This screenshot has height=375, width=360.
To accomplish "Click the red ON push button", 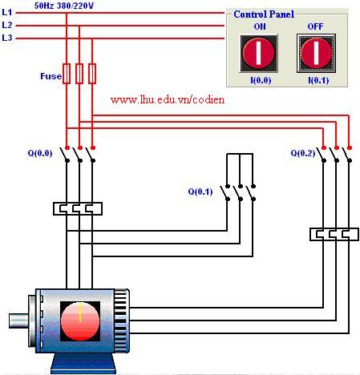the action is point(258,53).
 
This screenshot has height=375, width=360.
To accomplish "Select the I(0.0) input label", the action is point(261,80).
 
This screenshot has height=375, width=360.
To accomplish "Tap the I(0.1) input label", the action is point(318,80).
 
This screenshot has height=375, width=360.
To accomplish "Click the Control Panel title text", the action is point(264,14).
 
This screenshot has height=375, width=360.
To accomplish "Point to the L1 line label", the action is point(7,12).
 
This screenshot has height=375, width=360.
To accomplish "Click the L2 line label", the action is point(7,25).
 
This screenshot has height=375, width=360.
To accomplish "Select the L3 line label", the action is point(7,38).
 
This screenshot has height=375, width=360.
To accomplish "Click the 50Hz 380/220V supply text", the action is point(64,6).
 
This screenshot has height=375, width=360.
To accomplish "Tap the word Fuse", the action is point(51,76).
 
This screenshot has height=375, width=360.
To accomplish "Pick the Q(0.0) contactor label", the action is point(40,153).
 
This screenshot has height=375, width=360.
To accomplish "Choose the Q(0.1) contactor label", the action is point(200,192).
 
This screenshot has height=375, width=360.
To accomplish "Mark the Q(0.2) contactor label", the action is point(303,153).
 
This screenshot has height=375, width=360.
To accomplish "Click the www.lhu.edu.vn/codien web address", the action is point(168,99).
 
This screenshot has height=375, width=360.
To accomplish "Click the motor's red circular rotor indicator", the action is point(80,321).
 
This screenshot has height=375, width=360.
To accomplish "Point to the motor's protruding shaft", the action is point(18,321).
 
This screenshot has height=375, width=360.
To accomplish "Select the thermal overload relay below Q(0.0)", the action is point(78,208).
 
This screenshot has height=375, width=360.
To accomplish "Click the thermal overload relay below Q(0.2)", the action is point(334,234).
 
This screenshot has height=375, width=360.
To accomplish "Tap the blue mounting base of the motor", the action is point(83,363).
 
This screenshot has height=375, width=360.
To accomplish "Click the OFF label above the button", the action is point(315,26).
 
